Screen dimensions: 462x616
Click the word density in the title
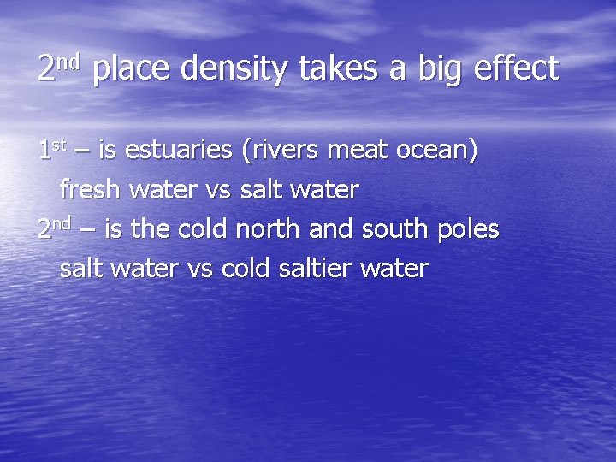click(234, 69)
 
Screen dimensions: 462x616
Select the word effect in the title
click(512, 68)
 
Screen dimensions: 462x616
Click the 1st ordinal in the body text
click(52, 151)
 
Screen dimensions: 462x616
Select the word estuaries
click(178, 151)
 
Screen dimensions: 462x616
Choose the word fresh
click(90, 190)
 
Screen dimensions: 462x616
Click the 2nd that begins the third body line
click(54, 229)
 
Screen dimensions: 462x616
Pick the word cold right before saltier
click(246, 269)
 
